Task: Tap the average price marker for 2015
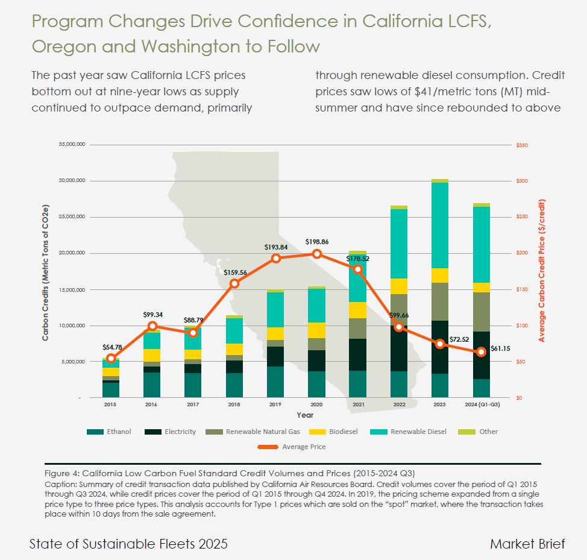(x=110, y=358)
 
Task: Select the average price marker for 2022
(x=399, y=327)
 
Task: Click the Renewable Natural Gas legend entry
(x=262, y=432)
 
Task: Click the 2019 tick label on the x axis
(x=275, y=405)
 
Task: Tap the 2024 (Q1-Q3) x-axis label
(x=481, y=405)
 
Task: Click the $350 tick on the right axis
(x=522, y=145)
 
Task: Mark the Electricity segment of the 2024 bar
(x=481, y=355)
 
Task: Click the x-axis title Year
(x=304, y=415)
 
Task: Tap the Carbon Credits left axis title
(x=46, y=273)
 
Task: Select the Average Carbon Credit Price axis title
(x=541, y=271)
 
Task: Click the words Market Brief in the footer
(x=527, y=544)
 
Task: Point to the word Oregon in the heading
(x=58, y=46)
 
